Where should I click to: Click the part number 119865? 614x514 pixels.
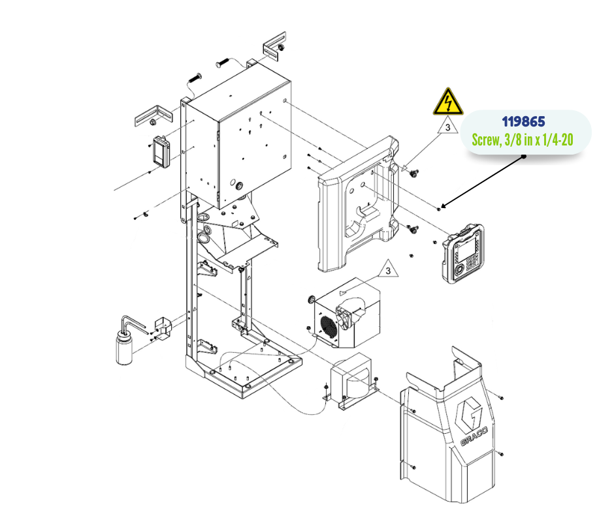tap(523, 122)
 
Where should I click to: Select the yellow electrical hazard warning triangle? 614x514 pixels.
tap(447, 102)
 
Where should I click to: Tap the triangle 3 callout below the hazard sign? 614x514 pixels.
tap(447, 128)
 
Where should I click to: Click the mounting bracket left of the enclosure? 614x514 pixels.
tap(152, 117)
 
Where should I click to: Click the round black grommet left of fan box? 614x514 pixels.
tap(312, 299)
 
